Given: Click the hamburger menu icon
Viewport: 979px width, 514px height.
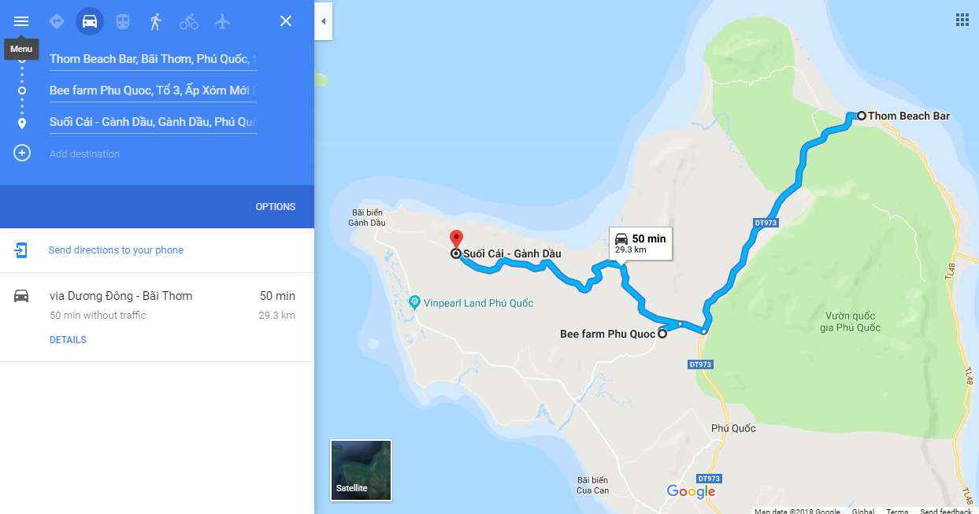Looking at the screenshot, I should (x=21, y=21).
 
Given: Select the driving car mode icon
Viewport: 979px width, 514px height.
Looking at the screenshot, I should (x=90, y=21).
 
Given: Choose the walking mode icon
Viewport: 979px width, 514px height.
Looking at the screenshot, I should (x=156, y=21).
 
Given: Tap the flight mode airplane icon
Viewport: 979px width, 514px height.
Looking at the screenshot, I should (x=222, y=21).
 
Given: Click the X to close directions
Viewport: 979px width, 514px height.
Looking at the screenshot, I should (x=286, y=21).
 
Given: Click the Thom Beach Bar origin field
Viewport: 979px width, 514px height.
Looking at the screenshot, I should (x=153, y=59).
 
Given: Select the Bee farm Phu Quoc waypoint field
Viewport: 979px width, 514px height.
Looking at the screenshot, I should (x=153, y=91).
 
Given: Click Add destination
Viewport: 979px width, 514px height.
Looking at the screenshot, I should (x=84, y=153).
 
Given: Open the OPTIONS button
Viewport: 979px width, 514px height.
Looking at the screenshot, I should (x=275, y=207).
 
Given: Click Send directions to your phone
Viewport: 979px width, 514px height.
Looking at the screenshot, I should (x=116, y=250).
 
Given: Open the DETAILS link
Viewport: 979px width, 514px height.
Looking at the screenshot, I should (x=68, y=340).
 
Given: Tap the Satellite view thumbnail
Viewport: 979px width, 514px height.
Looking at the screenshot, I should (x=361, y=470).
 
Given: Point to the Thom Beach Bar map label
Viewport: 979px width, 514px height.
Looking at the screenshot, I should (x=908, y=116).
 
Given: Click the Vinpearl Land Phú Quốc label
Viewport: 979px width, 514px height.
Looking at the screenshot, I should (x=478, y=303).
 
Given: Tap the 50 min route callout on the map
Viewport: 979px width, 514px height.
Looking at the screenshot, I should (x=640, y=243).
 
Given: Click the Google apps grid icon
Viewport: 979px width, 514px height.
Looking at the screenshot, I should (x=962, y=20).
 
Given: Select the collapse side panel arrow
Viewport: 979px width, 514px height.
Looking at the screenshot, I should (x=323, y=21).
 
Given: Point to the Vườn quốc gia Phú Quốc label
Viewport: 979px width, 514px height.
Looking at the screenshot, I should (x=847, y=322).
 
